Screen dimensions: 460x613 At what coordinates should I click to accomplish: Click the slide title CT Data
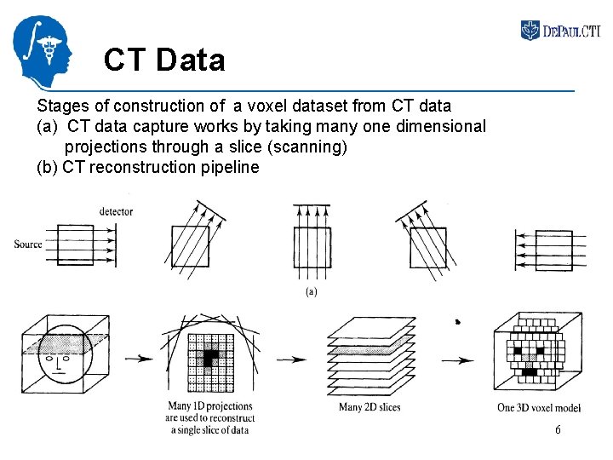pyautogui.click(x=164, y=60)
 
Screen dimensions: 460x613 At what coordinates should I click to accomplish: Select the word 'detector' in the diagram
pyautogui.click(x=116, y=211)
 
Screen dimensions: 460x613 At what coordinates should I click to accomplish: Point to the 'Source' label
pyautogui.click(x=28, y=244)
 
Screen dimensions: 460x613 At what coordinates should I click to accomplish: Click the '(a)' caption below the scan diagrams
pyautogui.click(x=312, y=292)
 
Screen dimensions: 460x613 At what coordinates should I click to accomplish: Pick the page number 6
pyautogui.click(x=558, y=430)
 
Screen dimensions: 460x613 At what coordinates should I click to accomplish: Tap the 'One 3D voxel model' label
pyautogui.click(x=536, y=407)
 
